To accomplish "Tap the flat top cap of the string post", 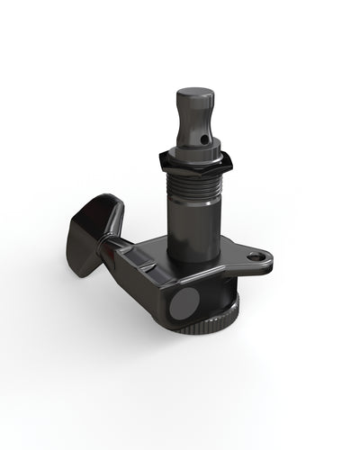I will [194, 92].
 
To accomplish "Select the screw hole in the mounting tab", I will [259, 257].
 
